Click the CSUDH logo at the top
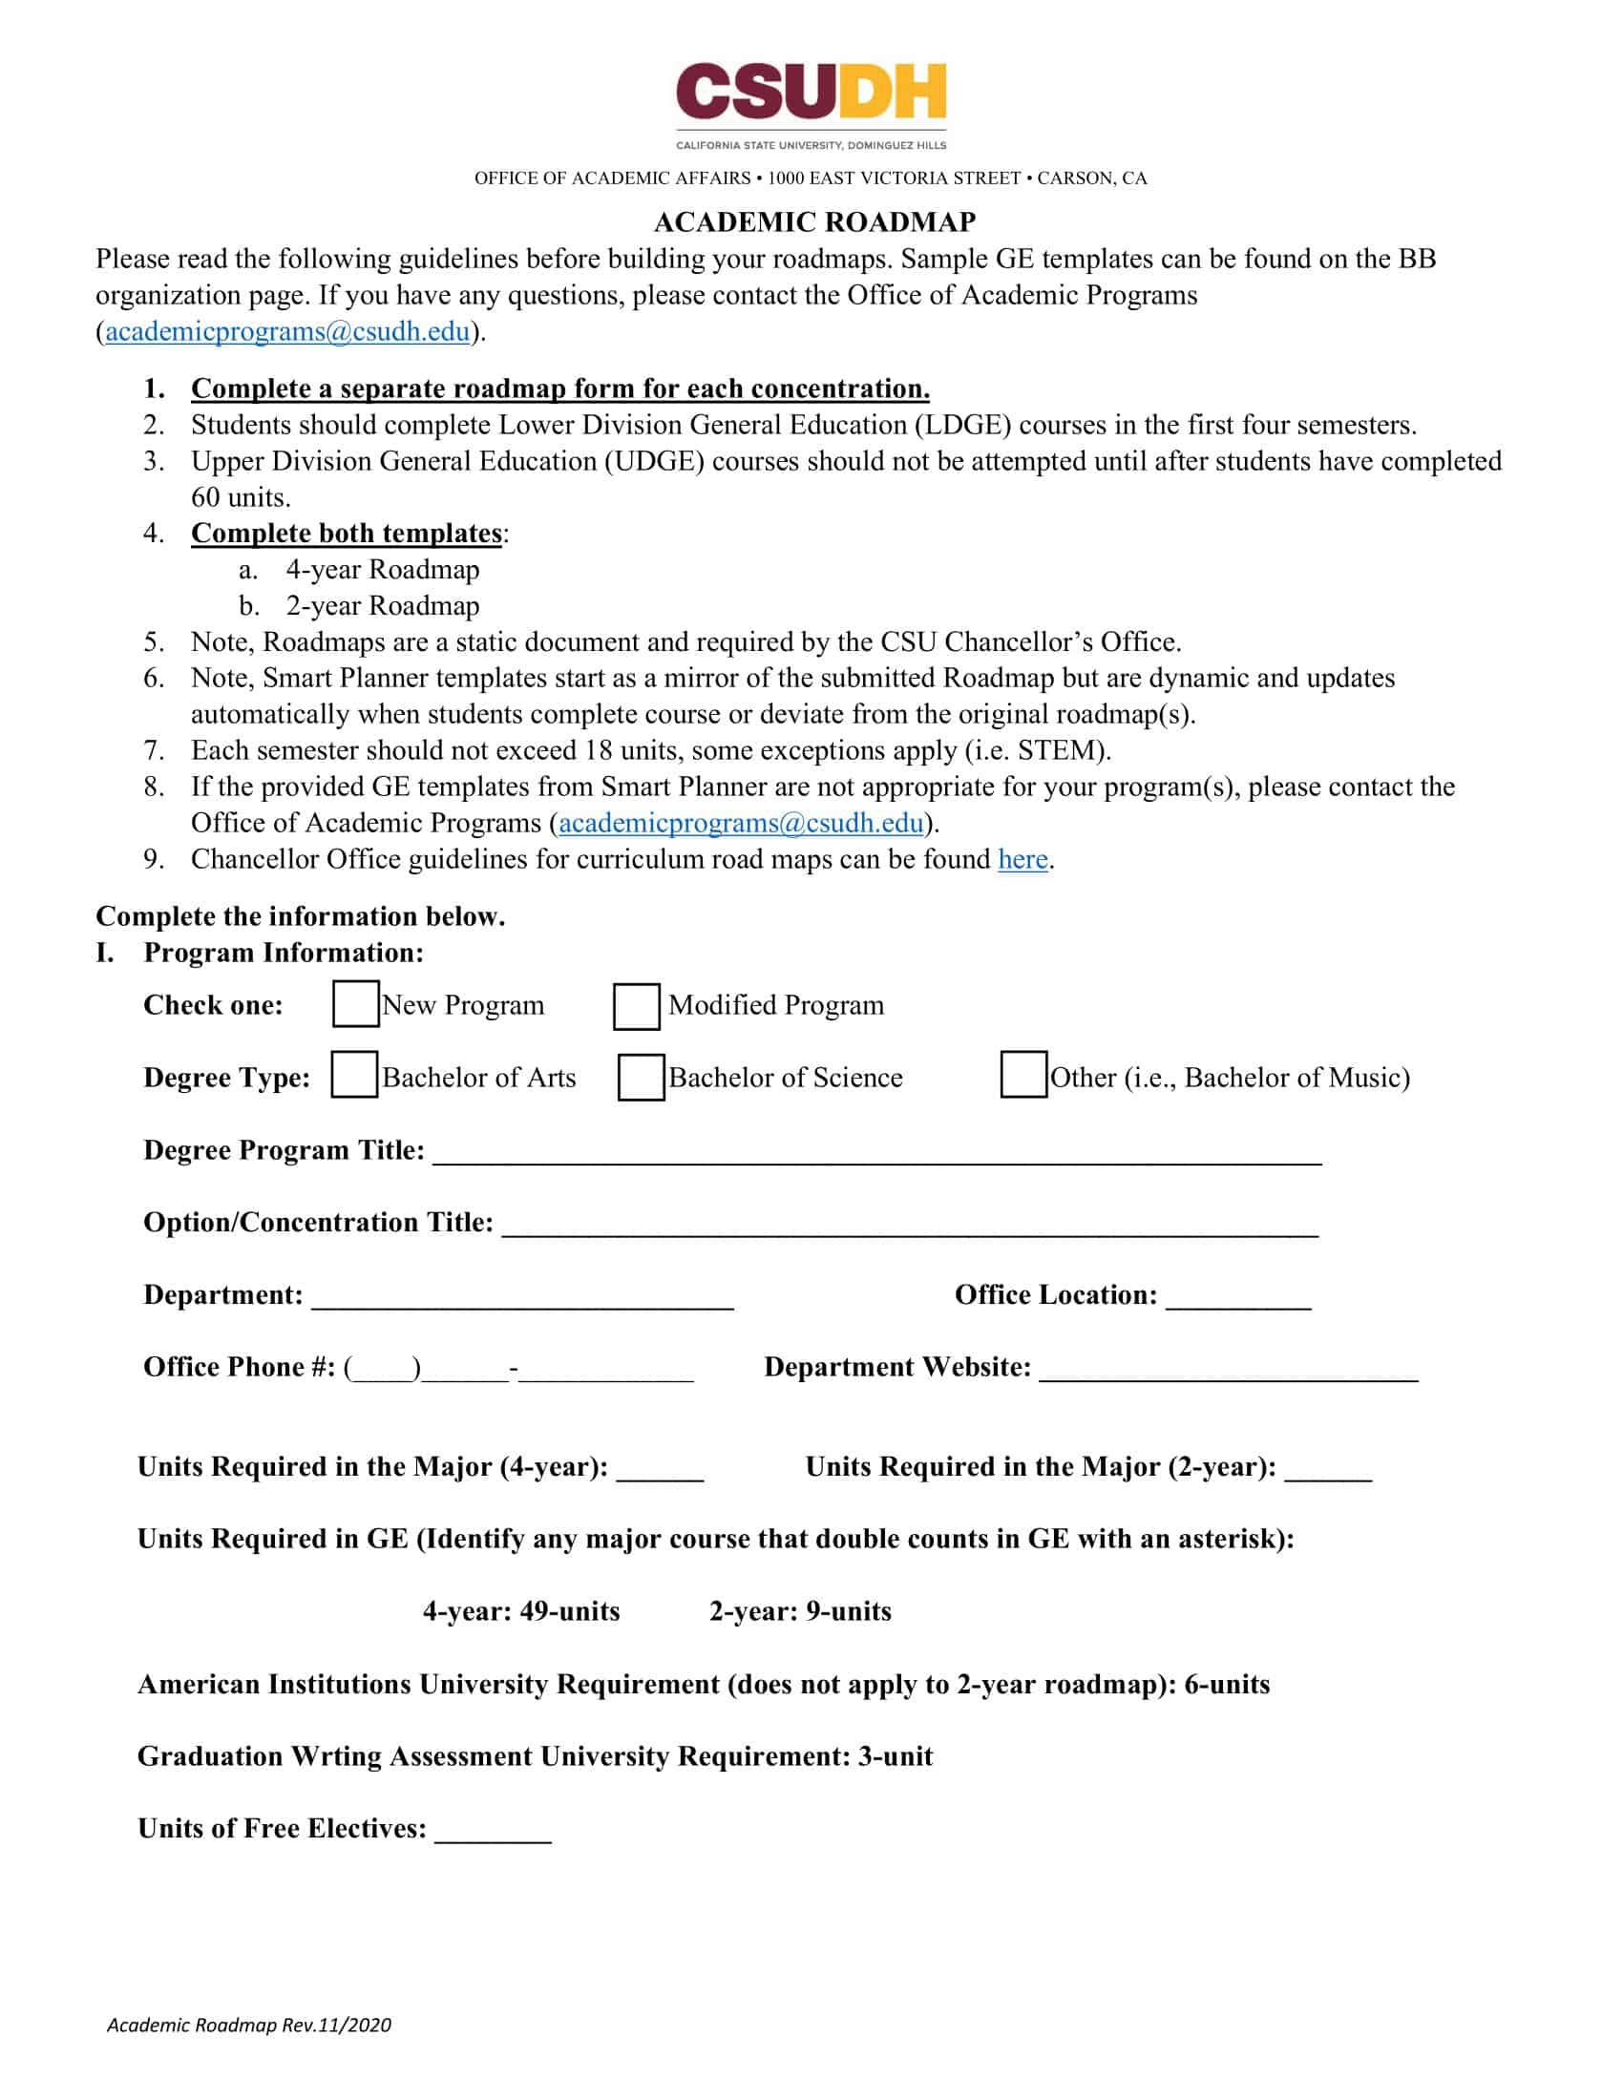pos(811,104)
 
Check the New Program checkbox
pos(355,1004)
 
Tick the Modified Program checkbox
pos(637,1006)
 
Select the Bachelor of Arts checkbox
pos(354,1075)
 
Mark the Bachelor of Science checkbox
pos(641,1077)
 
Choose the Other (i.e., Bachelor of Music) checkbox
pos(1023,1075)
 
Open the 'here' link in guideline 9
pos(1022,859)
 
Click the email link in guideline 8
pos(740,823)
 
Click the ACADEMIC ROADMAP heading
pos(814,222)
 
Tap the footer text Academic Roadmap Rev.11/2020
pos(249,2025)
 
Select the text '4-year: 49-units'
pos(521,1611)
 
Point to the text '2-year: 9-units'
pos(800,1611)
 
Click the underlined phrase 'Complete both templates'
pos(347,534)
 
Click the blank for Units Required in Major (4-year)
pos(660,1470)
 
